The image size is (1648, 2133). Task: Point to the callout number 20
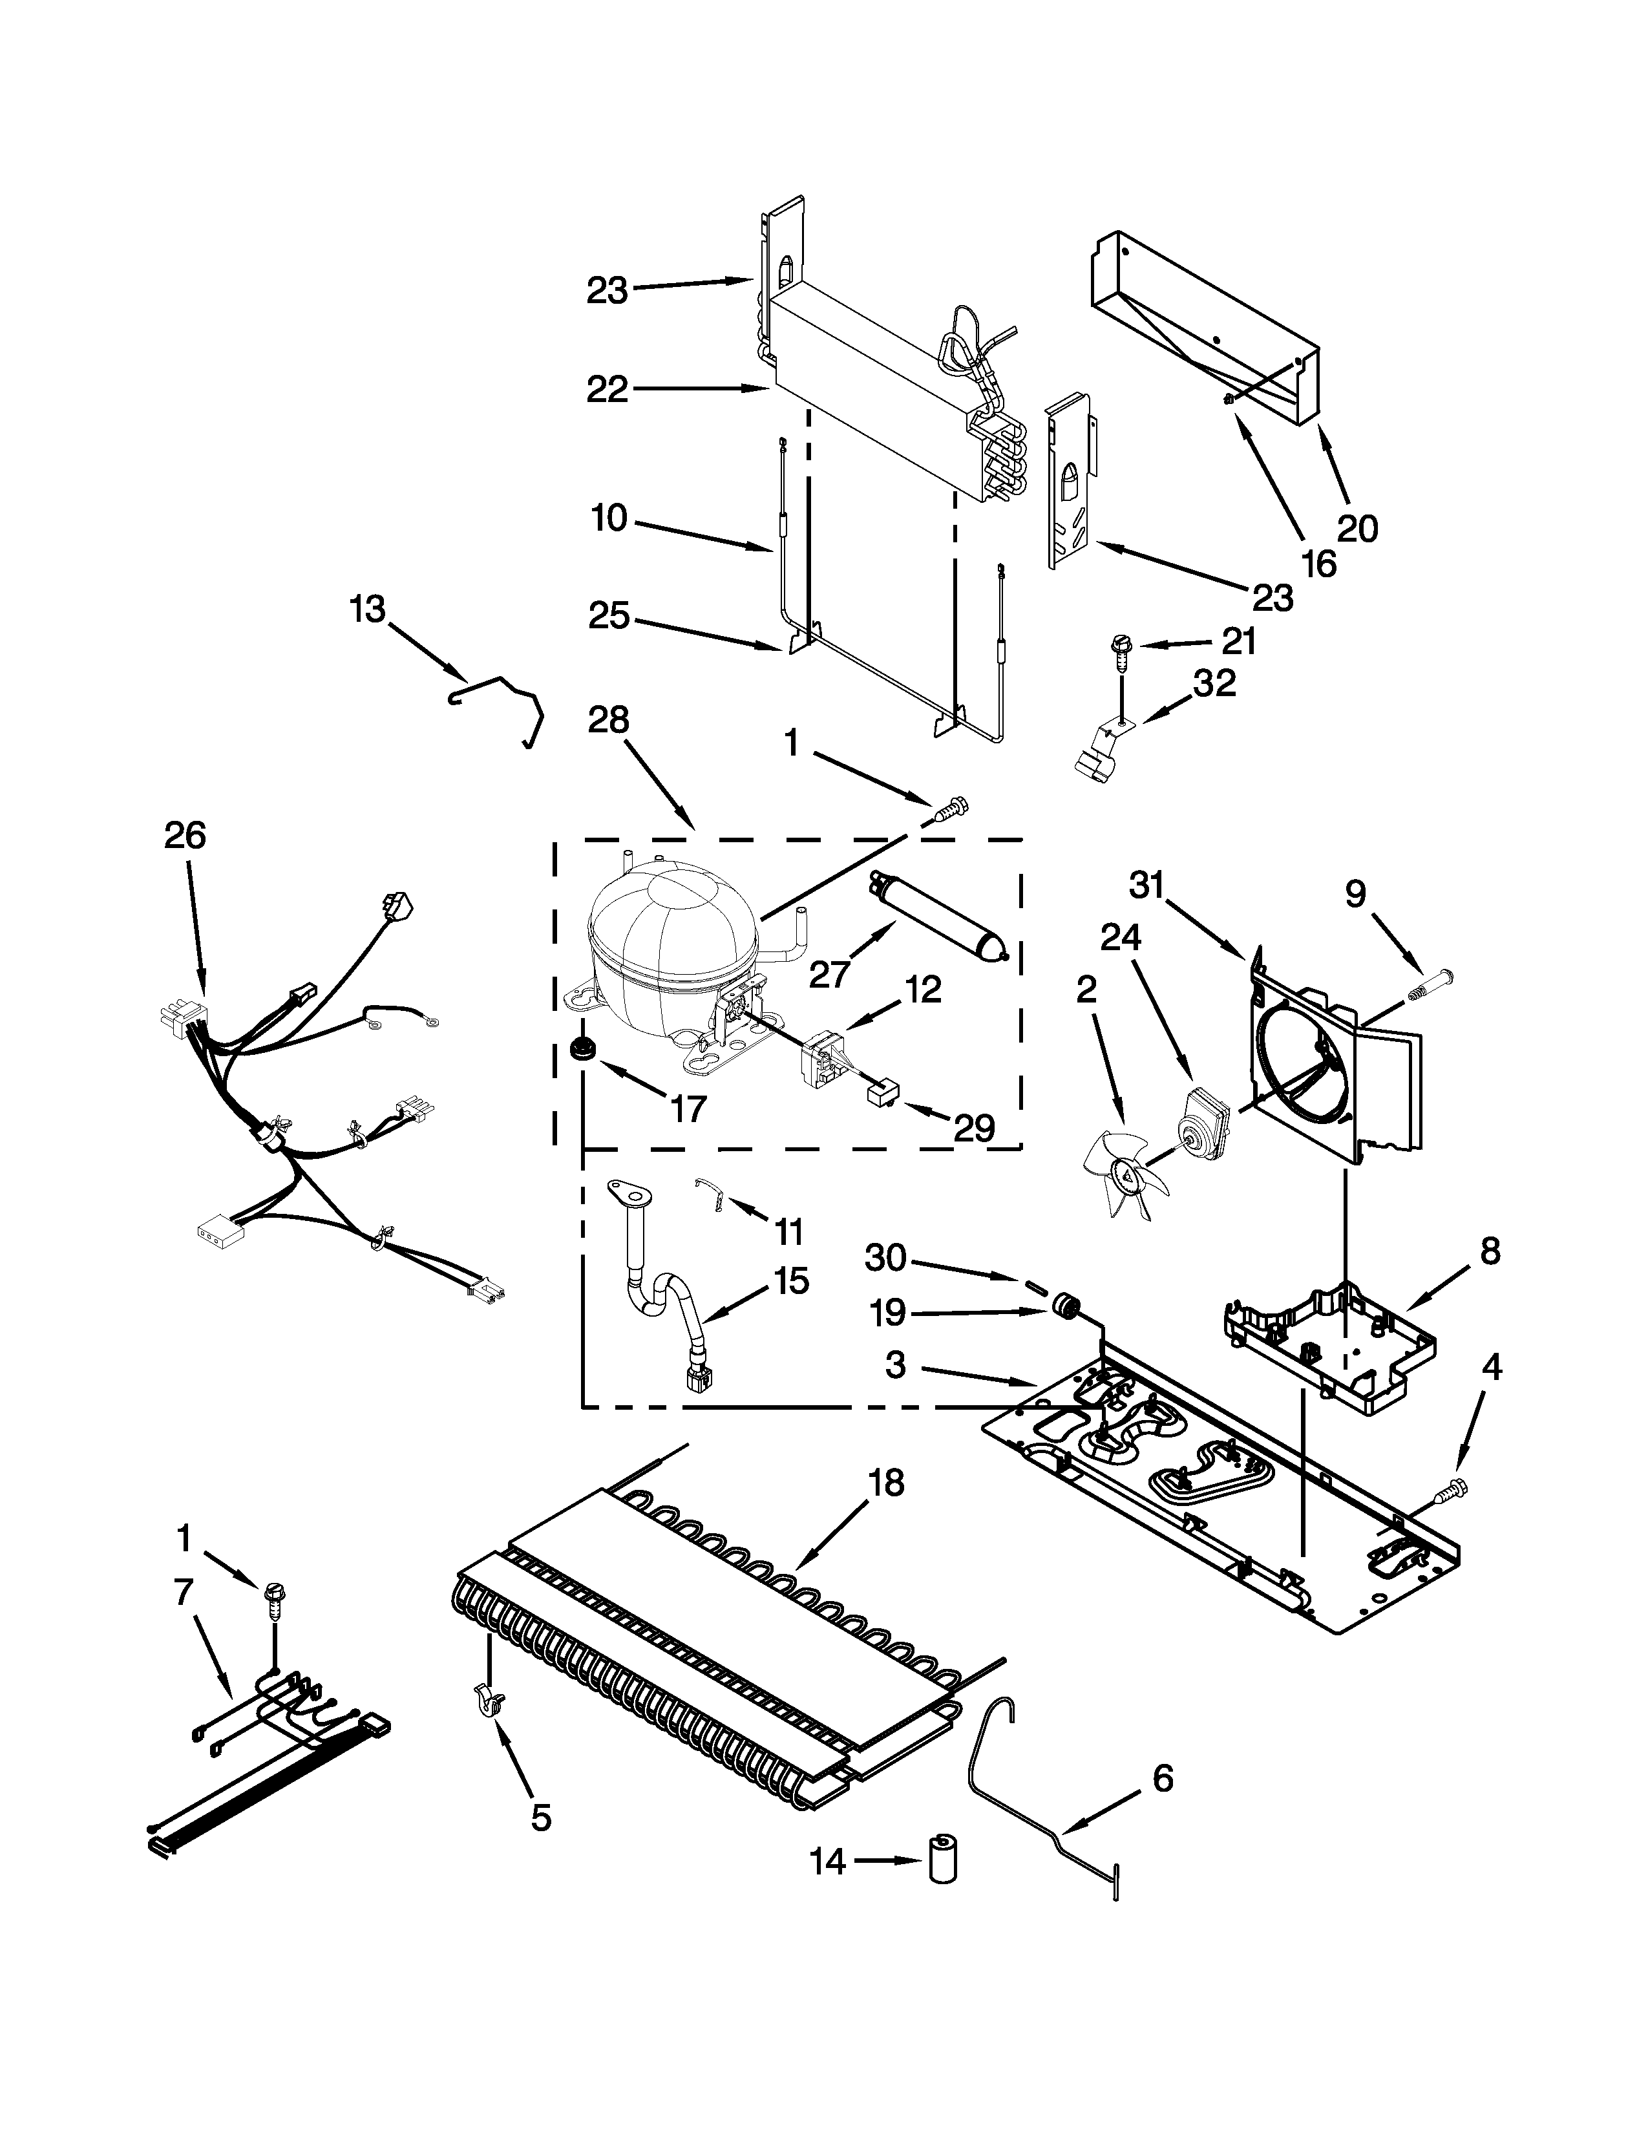(x=1357, y=528)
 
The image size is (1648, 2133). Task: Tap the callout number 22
(x=607, y=390)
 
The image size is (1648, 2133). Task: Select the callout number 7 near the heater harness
(x=184, y=1592)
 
